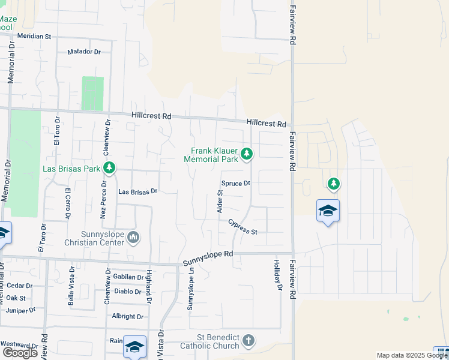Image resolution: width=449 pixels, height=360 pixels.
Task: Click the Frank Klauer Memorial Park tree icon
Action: tap(246, 155)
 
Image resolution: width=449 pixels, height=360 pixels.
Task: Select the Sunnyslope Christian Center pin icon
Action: tap(133, 238)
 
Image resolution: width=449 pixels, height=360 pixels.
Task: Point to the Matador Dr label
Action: tap(84, 52)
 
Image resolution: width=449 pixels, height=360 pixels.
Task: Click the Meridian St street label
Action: tap(34, 36)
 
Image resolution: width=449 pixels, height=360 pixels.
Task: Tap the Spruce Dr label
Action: tap(235, 183)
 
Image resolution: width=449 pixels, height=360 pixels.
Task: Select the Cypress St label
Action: tap(243, 227)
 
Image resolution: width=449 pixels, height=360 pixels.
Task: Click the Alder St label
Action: tap(219, 202)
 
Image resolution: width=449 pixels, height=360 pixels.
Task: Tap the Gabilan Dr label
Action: tap(128, 277)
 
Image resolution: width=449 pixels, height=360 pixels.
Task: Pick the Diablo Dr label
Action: tap(127, 292)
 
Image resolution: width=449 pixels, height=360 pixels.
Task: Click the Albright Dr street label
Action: tap(127, 316)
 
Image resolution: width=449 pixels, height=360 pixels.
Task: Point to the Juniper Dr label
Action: tap(21, 311)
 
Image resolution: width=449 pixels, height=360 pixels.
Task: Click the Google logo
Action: tap(20, 353)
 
